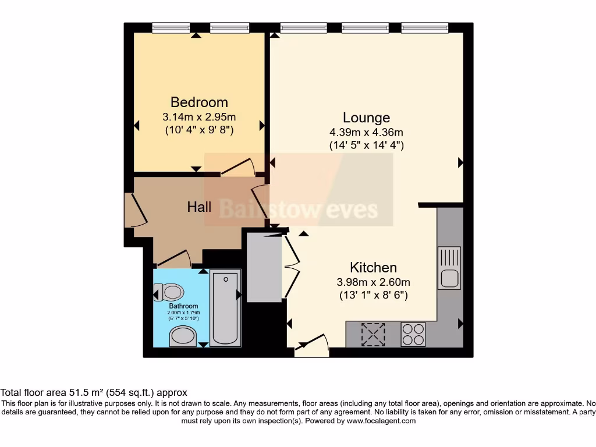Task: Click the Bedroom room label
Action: [199, 102]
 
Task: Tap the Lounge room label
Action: [366, 118]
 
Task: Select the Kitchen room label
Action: [373, 268]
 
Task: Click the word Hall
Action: [199, 207]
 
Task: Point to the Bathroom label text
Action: [183, 306]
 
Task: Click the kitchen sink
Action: [449, 268]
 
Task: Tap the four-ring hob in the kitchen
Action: [413, 334]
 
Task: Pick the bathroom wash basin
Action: [183, 336]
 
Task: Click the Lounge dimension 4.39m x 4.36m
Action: [366, 132]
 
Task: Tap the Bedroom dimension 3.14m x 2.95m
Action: [199, 117]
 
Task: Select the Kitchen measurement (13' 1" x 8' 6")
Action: [373, 295]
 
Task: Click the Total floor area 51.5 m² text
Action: [94, 393]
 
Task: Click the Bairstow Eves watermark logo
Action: [298, 208]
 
